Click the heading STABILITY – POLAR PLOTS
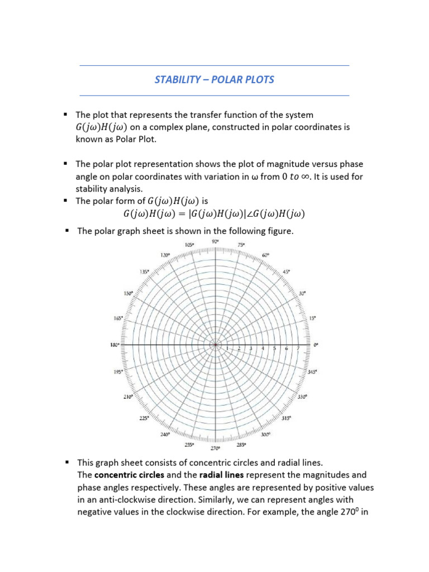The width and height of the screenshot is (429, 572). [214, 80]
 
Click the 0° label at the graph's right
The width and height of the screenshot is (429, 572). [316, 346]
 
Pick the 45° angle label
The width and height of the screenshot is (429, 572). [287, 271]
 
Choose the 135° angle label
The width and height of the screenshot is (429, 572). [144, 271]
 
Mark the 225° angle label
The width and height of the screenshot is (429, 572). [144, 418]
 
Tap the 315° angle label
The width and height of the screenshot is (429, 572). [286, 418]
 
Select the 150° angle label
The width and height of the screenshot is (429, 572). [128, 293]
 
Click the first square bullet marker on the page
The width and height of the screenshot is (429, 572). [65, 115]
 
